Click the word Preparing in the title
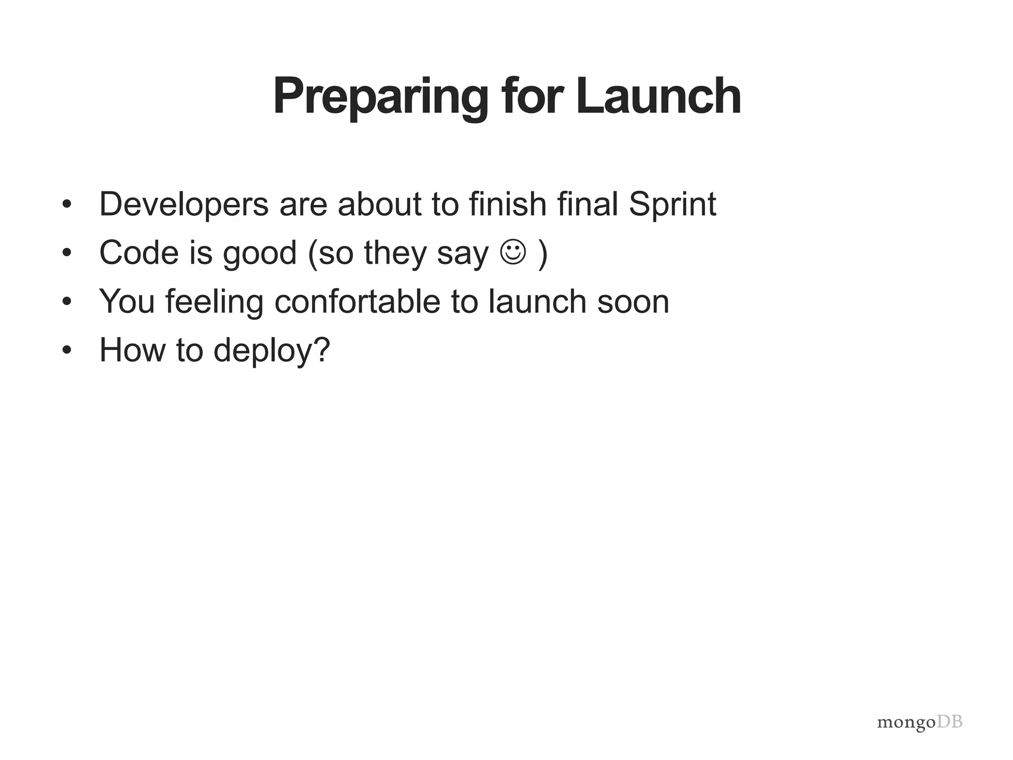(x=380, y=97)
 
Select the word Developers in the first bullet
(x=184, y=204)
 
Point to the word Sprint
(x=672, y=204)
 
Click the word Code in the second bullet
(x=139, y=252)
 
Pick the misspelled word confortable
(x=357, y=301)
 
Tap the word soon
(x=633, y=302)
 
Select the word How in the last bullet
(x=132, y=350)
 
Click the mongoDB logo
(x=920, y=722)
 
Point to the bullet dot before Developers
(x=67, y=204)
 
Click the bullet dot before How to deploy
(x=67, y=350)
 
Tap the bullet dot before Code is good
(x=67, y=253)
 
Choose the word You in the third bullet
(x=127, y=301)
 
